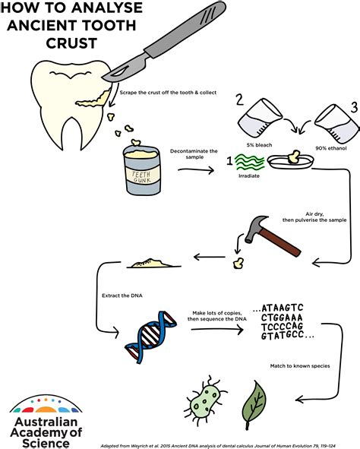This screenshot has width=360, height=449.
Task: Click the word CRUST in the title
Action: coord(71,43)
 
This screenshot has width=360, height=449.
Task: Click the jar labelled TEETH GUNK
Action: coord(142,170)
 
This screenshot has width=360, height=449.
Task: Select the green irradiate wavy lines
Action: coord(250,163)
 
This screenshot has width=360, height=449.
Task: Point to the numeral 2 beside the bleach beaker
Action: coord(239,100)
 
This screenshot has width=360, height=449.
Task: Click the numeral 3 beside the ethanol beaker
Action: coord(354,107)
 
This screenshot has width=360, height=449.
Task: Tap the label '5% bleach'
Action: coord(259,145)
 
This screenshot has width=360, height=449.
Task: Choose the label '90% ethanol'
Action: coord(331,148)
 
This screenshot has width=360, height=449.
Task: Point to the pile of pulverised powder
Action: coord(153,263)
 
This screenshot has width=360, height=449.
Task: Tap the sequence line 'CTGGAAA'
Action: coord(282,318)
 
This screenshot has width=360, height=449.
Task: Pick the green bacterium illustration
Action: coord(206,397)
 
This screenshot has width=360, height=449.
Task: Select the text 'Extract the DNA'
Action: coord(122,296)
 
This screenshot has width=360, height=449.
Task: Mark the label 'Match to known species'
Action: coord(300,366)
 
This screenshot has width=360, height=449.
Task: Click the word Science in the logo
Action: coord(46,443)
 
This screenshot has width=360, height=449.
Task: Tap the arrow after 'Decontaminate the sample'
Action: coord(196,170)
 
